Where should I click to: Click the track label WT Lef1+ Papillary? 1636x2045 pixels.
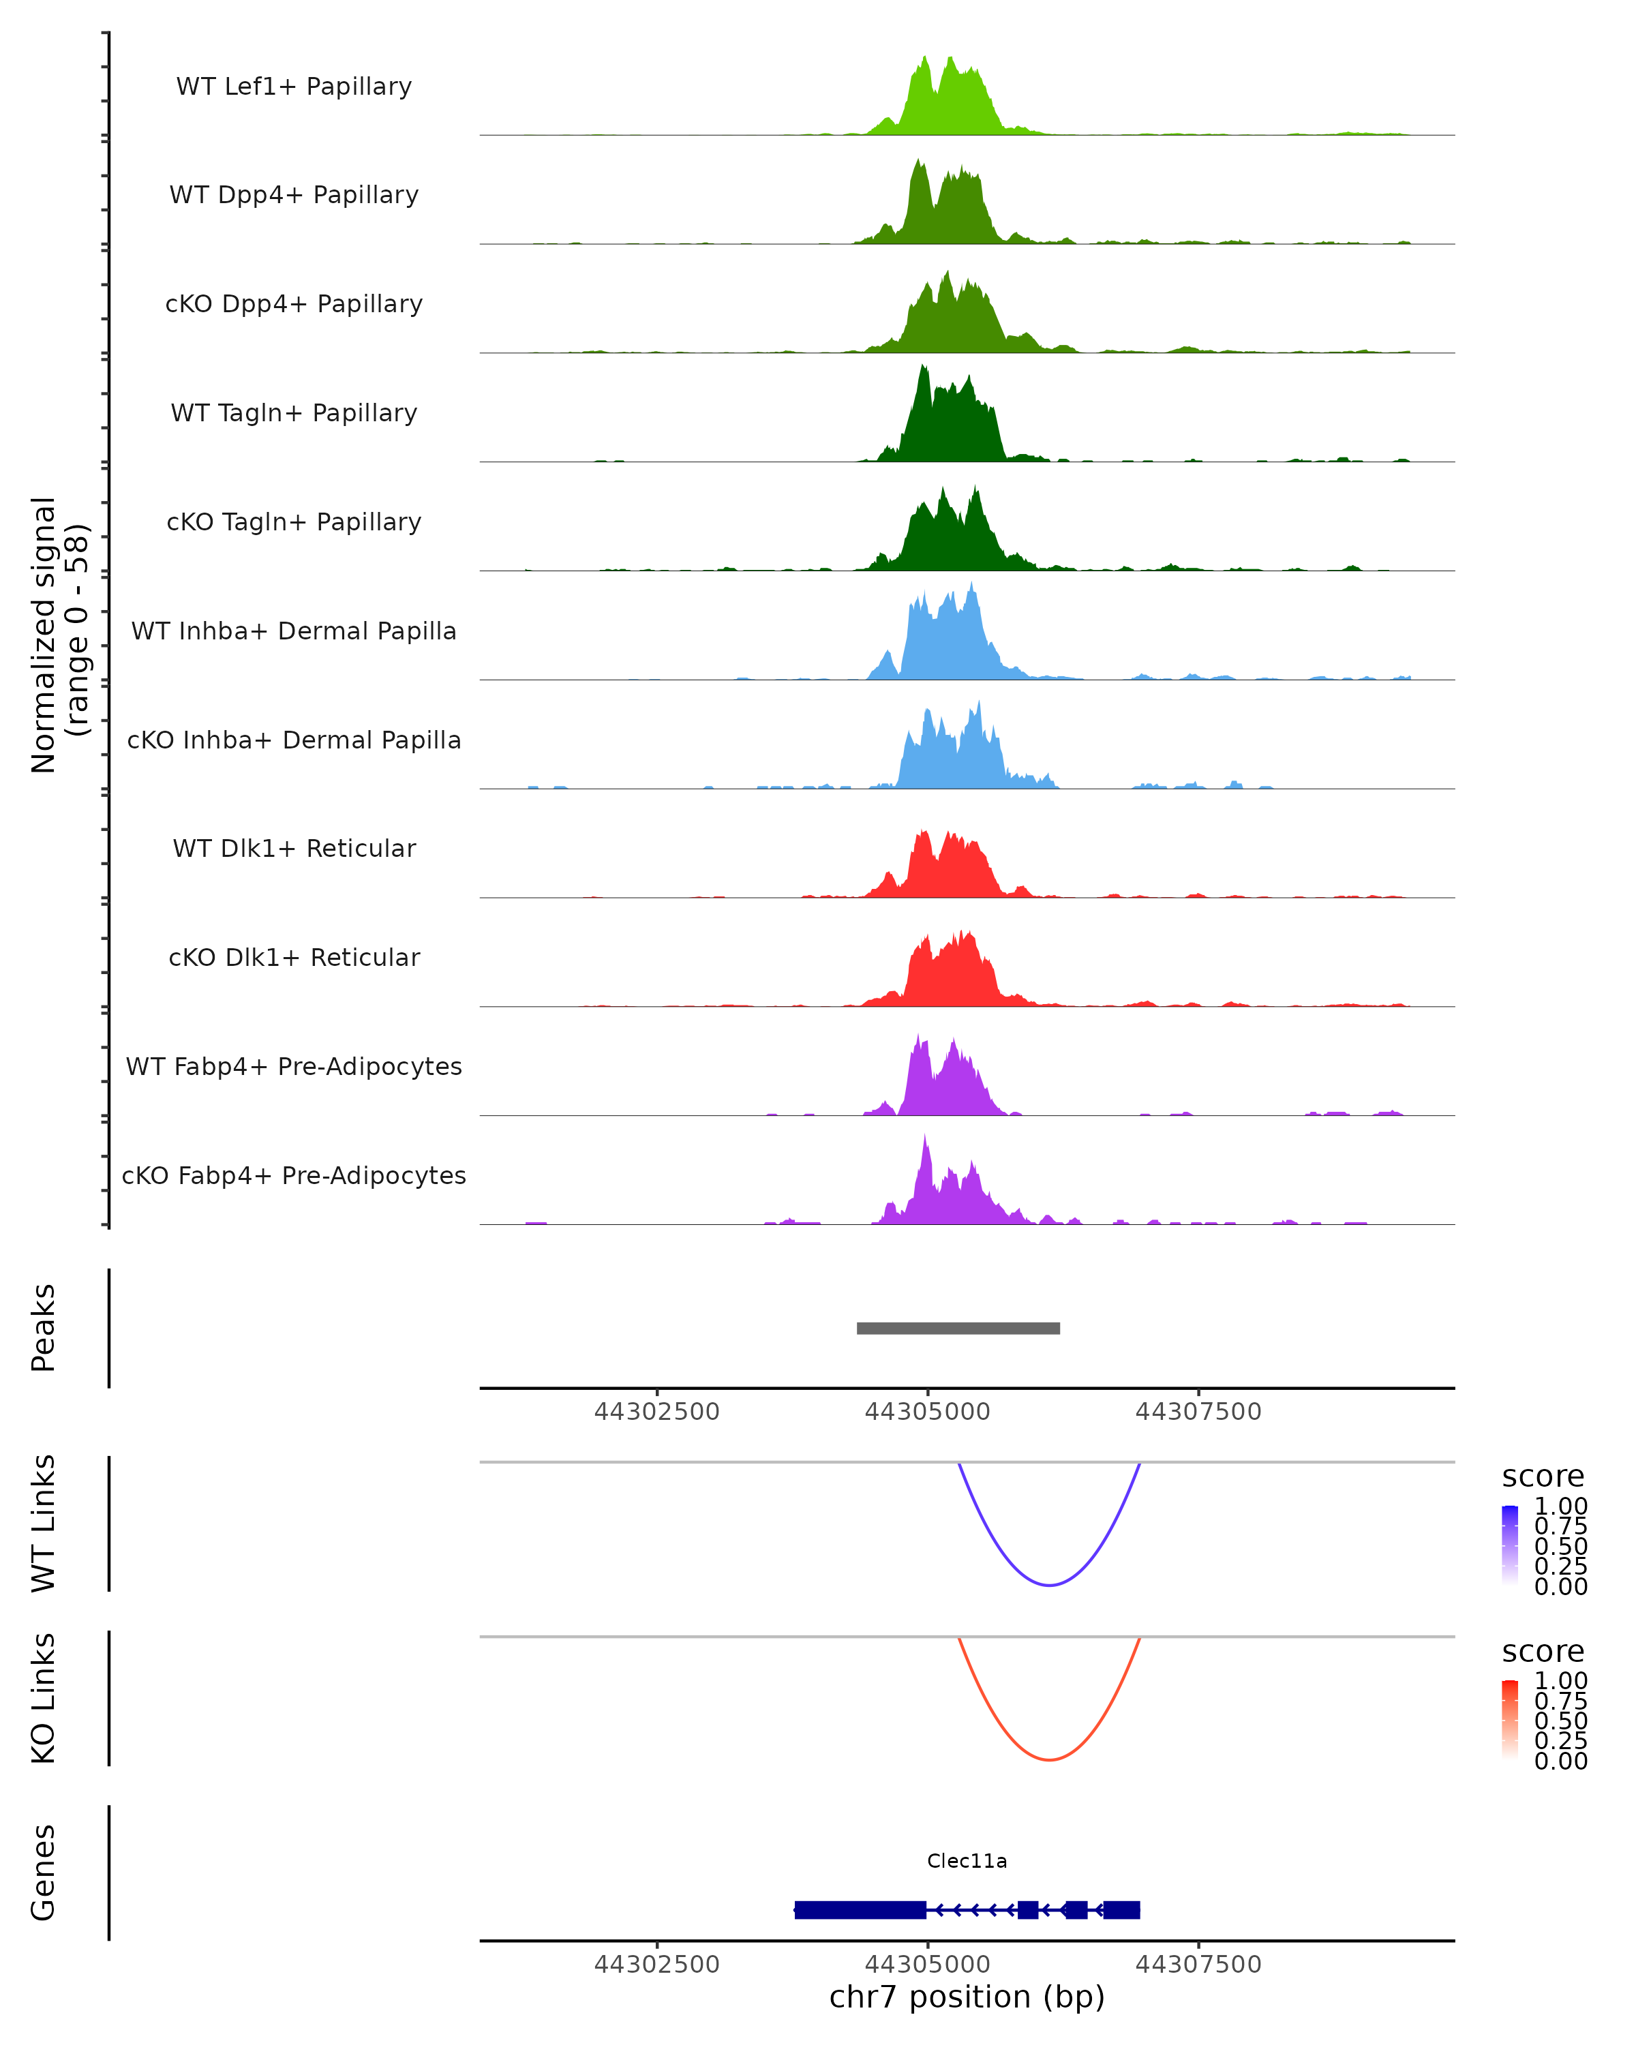[294, 87]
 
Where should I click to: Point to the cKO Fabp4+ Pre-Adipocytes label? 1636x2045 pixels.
[294, 1175]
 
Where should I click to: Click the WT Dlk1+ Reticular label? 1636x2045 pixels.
[294, 848]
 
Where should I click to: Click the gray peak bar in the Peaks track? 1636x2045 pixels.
[958, 1328]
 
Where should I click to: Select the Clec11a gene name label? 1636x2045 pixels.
[967, 1860]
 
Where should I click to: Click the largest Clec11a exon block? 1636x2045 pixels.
[860, 1909]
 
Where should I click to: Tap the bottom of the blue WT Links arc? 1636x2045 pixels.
[1049, 1584]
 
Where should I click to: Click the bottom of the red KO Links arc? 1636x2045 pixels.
[1049, 1759]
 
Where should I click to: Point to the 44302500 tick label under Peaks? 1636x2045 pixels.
[656, 1412]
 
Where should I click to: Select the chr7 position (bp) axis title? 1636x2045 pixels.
[967, 1997]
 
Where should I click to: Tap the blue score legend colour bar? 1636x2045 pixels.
[1510, 1545]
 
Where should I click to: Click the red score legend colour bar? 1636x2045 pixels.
[1510, 1720]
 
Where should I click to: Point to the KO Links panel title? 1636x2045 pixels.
[44, 1698]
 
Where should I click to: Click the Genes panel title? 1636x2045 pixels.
[44, 1873]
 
